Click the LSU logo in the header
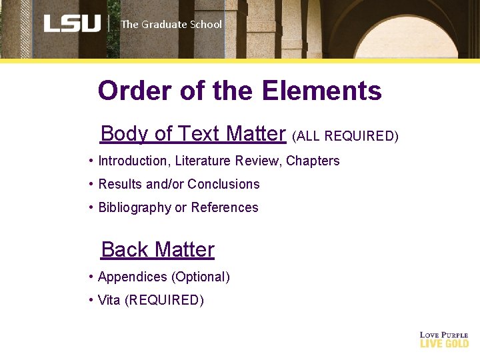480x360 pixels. click(72, 24)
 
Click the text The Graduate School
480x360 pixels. click(171, 24)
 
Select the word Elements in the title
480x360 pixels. click(322, 91)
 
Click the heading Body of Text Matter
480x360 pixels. click(193, 134)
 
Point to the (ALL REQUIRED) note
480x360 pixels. click(345, 136)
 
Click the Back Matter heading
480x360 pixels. click(157, 249)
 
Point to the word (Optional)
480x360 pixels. click(201, 277)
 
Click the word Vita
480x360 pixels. click(109, 300)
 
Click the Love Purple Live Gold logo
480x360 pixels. click(444, 339)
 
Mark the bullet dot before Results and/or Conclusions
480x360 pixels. click(90, 184)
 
